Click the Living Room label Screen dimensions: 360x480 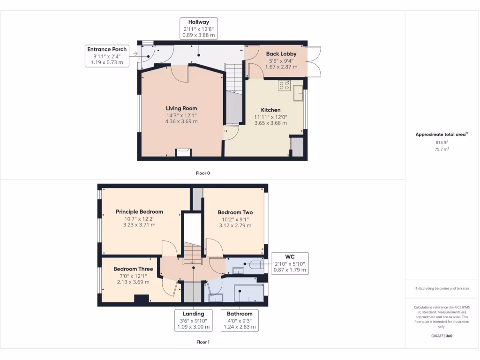pos(181,108)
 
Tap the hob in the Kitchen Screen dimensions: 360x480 pos(284,85)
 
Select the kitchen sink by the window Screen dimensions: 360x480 pos(298,94)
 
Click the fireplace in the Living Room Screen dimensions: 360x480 pos(183,152)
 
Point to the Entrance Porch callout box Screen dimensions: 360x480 pos(106,56)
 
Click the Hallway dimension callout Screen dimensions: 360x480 pos(198,28)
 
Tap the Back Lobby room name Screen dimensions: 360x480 pos(281,54)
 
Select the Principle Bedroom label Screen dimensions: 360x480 pos(139,212)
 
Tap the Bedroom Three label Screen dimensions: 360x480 pos(133,269)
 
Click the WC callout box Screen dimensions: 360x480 pos(290,264)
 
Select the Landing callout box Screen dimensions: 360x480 pos(193,320)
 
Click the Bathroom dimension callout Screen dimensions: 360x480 pos(239,320)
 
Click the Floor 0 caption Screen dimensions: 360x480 pos(202,173)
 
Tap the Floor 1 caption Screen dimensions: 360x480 pos(202,342)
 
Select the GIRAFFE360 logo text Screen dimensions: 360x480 pos(442,336)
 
